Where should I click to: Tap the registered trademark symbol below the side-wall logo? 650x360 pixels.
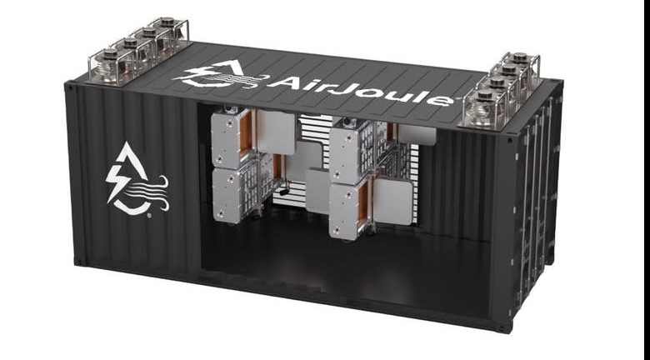[x=149, y=216]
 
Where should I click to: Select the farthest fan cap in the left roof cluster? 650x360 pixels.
[x=167, y=20]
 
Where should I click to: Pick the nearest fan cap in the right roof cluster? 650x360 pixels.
[x=484, y=95]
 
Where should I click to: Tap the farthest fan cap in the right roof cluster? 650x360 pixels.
[x=519, y=57]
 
